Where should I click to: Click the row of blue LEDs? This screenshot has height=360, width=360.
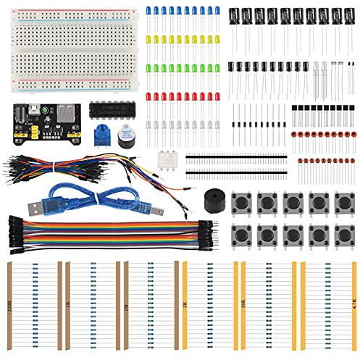[x=180, y=12]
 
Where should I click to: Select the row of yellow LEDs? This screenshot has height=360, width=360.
[x=180, y=39]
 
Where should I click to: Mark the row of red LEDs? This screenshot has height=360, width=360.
[x=180, y=96]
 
